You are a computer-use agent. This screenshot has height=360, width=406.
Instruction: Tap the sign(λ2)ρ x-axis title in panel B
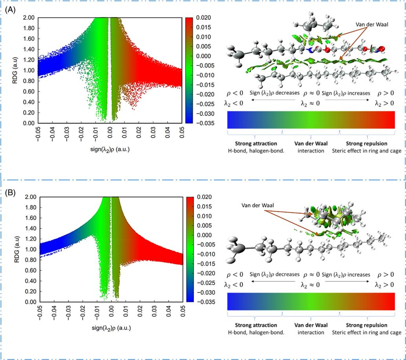(x=111, y=328)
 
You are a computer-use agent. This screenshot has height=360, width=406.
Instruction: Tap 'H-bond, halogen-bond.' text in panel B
(x=257, y=332)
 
